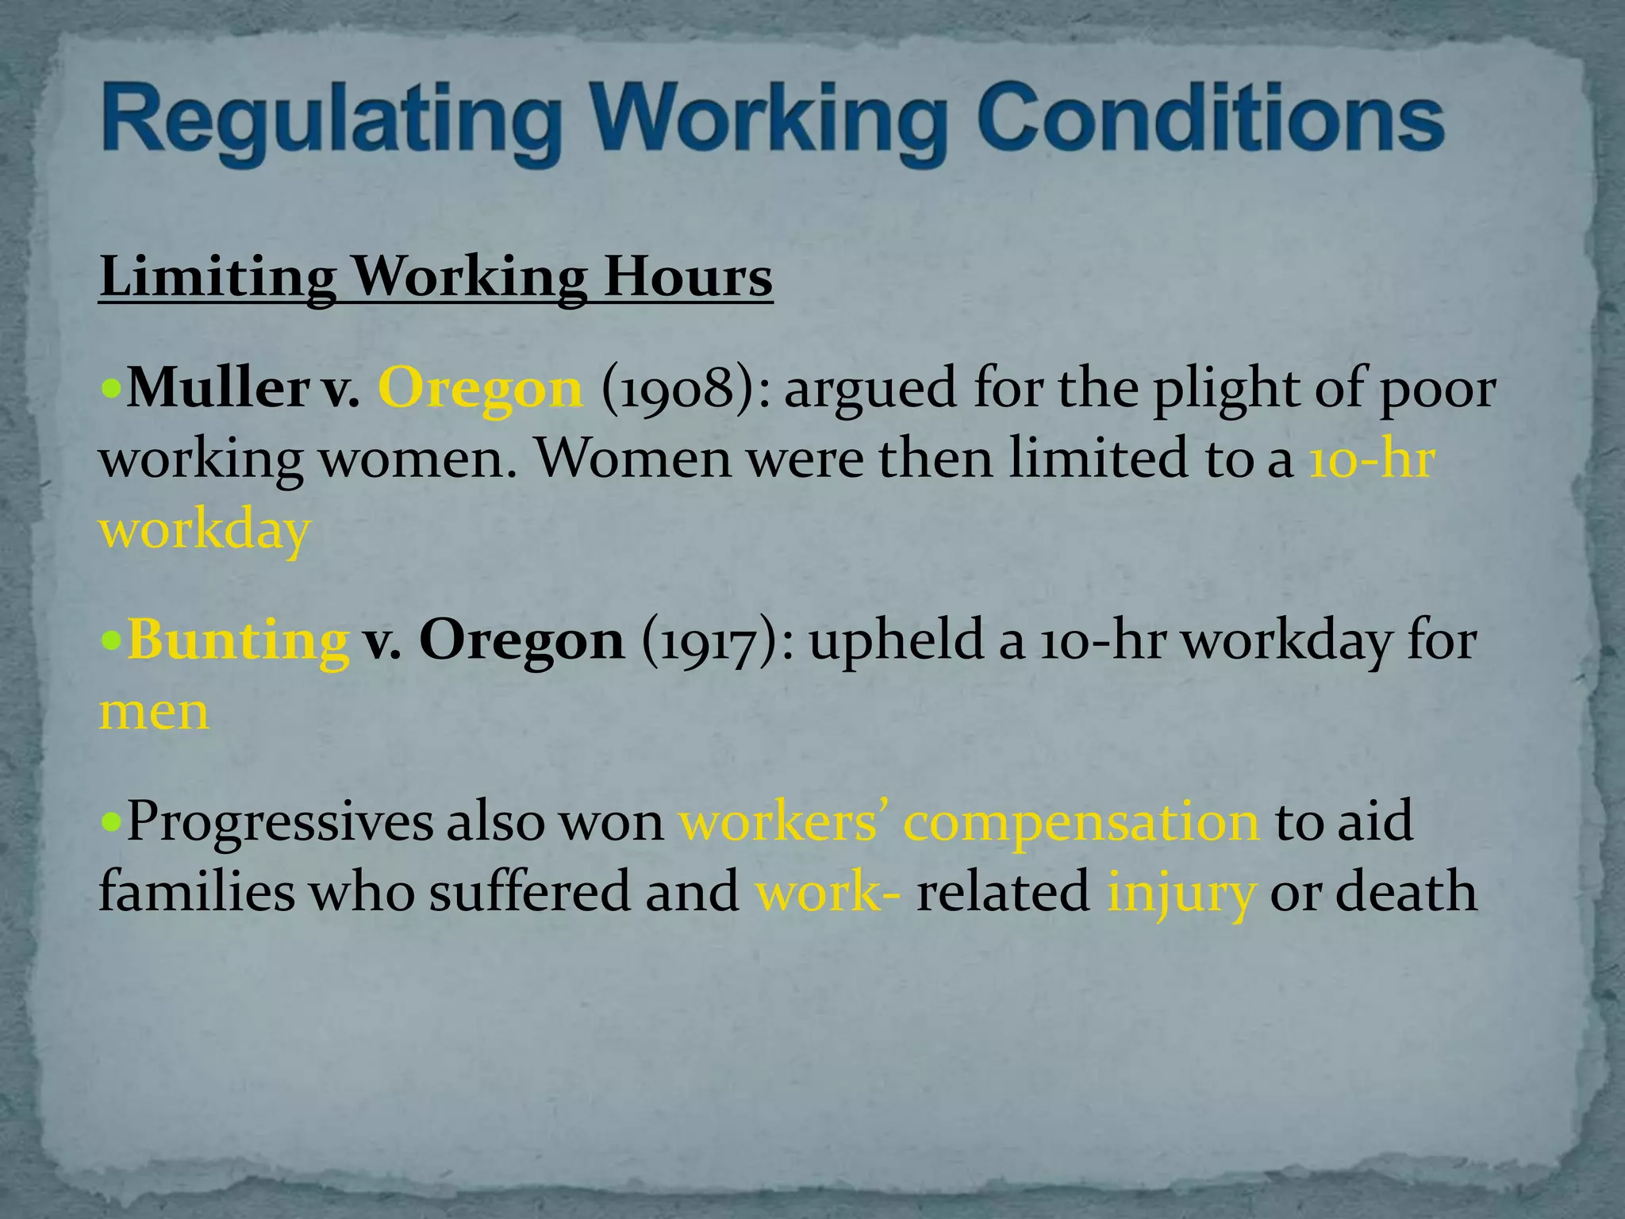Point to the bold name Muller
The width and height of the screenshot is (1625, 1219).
(218, 388)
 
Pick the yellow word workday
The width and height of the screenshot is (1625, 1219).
(204, 530)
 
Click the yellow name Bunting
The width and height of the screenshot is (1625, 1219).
(237, 640)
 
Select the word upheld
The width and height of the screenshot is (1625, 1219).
(896, 640)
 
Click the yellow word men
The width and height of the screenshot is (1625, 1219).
(154, 711)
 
